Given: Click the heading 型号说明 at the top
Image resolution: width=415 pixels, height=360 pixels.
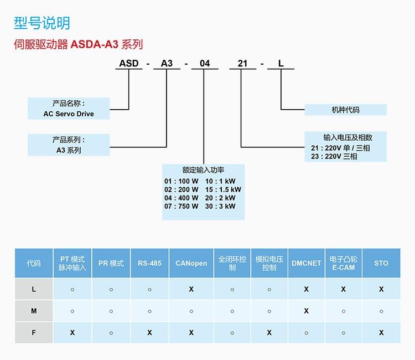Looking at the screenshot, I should coord(41,23).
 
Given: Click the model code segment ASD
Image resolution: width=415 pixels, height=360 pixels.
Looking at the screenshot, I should coord(129,63).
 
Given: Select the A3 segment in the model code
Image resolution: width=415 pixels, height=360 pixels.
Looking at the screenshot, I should coord(167,63).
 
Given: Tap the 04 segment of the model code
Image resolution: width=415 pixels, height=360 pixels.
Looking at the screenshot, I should coord(205,63).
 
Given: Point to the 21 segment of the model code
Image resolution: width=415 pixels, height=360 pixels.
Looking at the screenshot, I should coord(242,63).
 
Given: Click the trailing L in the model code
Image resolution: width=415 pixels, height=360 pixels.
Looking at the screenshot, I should coord(281,63).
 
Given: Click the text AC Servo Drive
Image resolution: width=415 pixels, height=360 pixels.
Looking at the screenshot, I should coord(69,114).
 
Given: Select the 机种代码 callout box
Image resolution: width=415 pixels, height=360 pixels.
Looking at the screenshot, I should coord(345,110).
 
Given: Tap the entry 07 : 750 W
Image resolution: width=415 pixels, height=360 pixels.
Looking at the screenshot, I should coord(181,206).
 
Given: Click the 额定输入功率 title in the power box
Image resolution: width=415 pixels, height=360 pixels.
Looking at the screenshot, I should coord(203,170).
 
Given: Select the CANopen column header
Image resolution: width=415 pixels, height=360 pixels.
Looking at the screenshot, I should coord(191,263).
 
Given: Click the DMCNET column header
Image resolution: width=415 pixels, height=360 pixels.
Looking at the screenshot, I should coord(306,263).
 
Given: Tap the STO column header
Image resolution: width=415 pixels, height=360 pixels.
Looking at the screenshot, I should coord(381,263).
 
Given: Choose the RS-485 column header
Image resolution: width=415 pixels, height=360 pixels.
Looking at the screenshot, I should coord(149,263).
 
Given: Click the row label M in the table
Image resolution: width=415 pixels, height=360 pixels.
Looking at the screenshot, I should coord(34,311).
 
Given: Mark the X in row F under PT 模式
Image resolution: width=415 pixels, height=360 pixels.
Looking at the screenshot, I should coord(72,332).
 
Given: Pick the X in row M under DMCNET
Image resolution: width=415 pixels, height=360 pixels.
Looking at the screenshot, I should coord(306,311).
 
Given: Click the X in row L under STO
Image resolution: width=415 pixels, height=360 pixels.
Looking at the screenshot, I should coord(381,289).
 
